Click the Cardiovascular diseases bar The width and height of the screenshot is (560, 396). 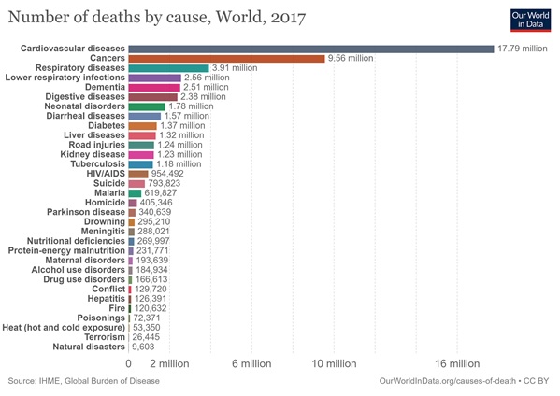(x=311, y=49)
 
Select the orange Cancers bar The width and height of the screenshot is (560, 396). (x=227, y=59)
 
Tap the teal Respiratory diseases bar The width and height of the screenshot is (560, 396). (x=168, y=68)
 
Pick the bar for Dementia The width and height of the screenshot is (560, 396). (x=154, y=88)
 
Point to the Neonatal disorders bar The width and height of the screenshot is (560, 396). (x=147, y=106)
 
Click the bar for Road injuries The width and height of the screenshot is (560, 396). (x=141, y=145)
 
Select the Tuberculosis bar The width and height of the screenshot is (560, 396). (x=141, y=164)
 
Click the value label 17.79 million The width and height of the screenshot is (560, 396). (x=523, y=49)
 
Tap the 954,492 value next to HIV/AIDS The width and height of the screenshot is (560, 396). (x=167, y=174)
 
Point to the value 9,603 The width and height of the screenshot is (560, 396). (x=143, y=346)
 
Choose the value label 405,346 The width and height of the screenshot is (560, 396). (x=156, y=203)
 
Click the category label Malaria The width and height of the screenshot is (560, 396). (x=109, y=193)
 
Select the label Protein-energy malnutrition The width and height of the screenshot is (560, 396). (x=66, y=251)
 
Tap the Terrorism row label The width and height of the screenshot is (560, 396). (x=105, y=337)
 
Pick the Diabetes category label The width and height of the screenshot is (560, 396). (x=107, y=125)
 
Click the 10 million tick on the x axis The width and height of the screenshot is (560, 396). (x=334, y=363)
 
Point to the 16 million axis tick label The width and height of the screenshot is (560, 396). (x=457, y=363)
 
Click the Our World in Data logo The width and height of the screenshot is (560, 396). (x=530, y=21)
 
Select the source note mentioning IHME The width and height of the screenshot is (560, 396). (x=84, y=381)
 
